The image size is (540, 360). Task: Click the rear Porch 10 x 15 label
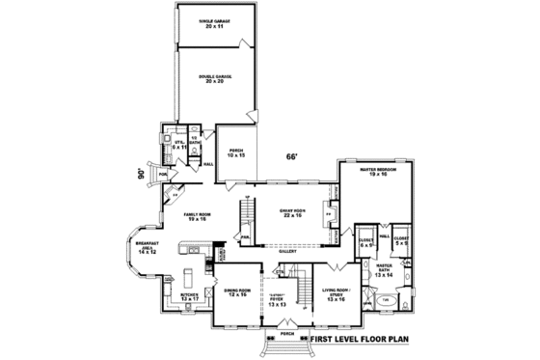point(236,153)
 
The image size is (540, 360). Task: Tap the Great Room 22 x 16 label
point(292,213)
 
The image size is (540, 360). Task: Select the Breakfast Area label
point(147,248)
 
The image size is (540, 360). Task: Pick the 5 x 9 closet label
point(401,240)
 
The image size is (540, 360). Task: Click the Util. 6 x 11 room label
point(178,145)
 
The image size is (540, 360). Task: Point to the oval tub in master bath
point(386,300)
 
